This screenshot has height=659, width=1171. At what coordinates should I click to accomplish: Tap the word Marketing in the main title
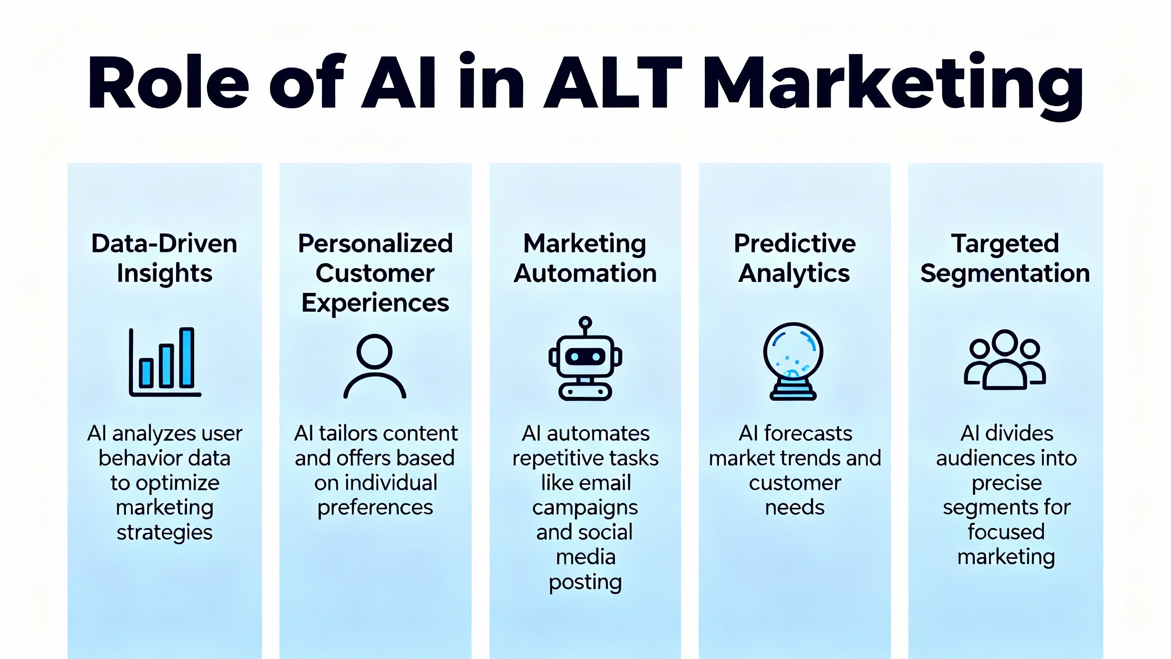pyautogui.click(x=892, y=85)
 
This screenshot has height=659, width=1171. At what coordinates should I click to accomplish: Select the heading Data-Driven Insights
pyautogui.click(x=164, y=258)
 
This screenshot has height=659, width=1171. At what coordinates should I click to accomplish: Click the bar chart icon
pyautogui.click(x=165, y=362)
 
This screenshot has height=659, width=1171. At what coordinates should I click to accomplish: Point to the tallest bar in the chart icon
pyautogui.click(x=187, y=357)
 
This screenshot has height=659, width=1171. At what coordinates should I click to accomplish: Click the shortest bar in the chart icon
pyautogui.click(x=146, y=373)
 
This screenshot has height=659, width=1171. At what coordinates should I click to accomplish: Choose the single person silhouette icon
pyautogui.click(x=375, y=366)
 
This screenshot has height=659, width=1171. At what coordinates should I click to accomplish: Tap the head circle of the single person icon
pyautogui.click(x=375, y=351)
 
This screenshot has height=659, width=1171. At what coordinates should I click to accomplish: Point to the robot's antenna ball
pyautogui.click(x=585, y=322)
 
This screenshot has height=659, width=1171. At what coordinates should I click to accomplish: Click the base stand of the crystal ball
pyautogui.click(x=793, y=393)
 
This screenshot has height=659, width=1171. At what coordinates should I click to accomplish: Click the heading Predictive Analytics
pyautogui.click(x=795, y=258)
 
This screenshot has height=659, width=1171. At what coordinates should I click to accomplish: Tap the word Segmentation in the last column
pyautogui.click(x=1005, y=274)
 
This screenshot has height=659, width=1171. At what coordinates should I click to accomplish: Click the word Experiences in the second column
pyautogui.click(x=375, y=303)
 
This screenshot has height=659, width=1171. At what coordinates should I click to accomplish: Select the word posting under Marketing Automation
pyautogui.click(x=585, y=582)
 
